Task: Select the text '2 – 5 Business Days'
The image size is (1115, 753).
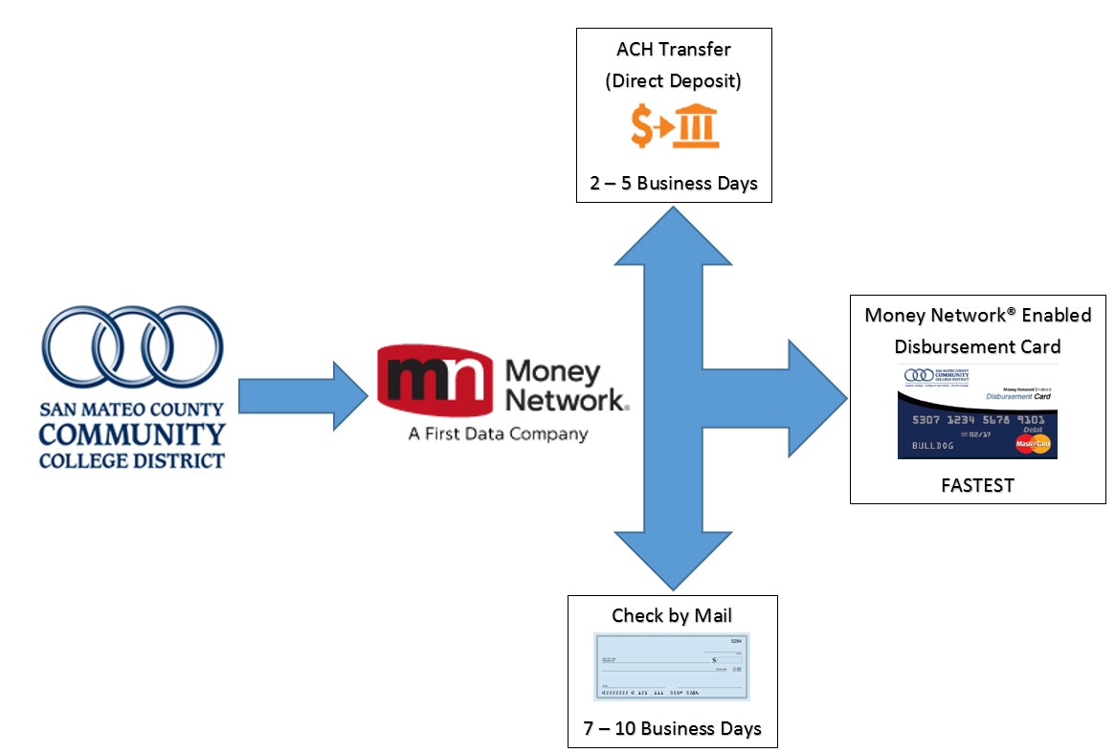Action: pos(674,183)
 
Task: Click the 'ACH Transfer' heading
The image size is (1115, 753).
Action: pos(673,50)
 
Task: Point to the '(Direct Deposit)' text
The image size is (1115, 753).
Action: pos(673,81)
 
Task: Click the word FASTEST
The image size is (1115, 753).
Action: pos(977,485)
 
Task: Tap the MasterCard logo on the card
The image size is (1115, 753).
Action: pos(1033,444)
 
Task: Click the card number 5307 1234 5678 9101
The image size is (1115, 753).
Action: pos(978,419)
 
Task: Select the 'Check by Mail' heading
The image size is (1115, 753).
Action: pos(672,615)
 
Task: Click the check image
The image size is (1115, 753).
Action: pos(672,667)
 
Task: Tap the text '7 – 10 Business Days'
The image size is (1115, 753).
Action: pos(672,728)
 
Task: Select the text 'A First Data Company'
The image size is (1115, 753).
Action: pos(498,433)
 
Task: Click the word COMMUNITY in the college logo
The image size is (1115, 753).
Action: pos(132,435)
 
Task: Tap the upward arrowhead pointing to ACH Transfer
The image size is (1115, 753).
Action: pos(674,234)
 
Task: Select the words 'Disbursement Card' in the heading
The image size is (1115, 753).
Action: pos(977,346)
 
